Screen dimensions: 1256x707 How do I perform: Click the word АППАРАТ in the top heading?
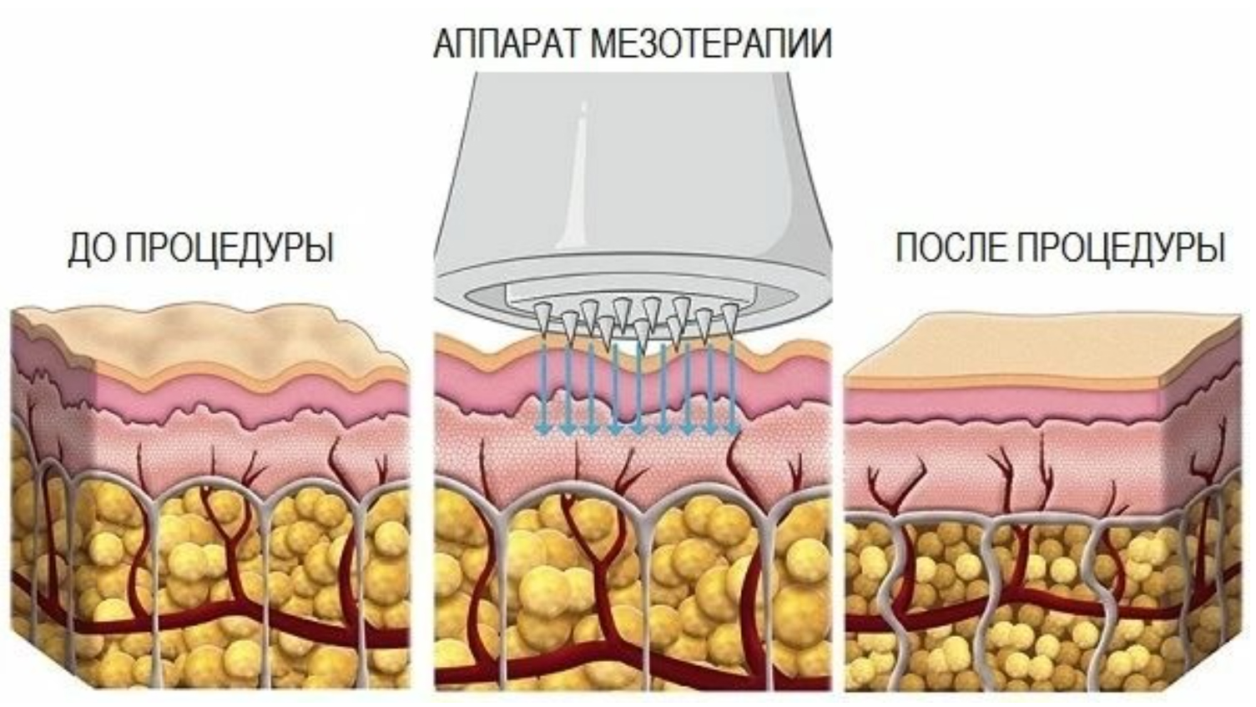[x=507, y=43]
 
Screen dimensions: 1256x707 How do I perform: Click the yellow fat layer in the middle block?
[x=534, y=584]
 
